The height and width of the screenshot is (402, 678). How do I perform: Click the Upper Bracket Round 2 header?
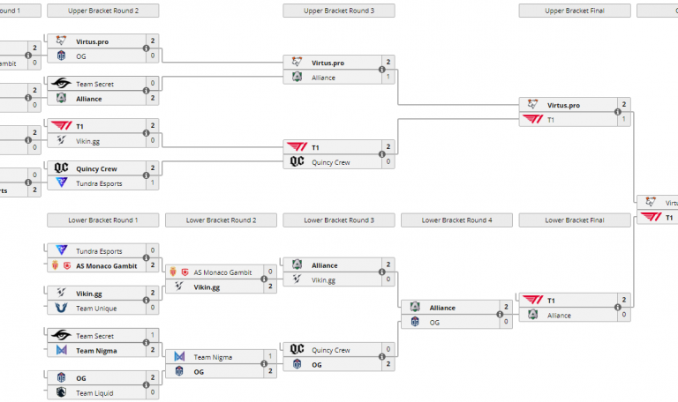[x=103, y=11]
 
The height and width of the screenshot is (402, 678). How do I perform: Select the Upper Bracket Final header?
[x=575, y=11]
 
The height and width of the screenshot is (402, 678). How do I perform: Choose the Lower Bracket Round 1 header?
[x=103, y=220]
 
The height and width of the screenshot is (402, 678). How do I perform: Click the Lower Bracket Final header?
[x=575, y=220]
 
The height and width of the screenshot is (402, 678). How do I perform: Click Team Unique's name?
[x=96, y=309]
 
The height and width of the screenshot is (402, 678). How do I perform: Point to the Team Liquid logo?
[x=61, y=393]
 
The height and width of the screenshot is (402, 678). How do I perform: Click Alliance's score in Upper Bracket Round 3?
[x=388, y=78]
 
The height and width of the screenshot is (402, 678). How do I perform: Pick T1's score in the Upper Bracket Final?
[x=624, y=120]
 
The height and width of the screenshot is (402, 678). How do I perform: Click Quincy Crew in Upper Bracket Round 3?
[x=332, y=162]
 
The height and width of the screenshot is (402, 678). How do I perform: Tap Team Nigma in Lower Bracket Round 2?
[x=214, y=357]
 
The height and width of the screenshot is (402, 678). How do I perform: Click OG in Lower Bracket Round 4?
[x=434, y=323]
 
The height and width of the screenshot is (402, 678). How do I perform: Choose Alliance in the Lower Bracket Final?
[x=559, y=315]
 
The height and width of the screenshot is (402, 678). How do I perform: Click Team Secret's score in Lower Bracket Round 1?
[x=152, y=336]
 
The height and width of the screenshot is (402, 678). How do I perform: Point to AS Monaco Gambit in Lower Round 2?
[x=222, y=272]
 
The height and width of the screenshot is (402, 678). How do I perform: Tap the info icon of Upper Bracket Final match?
[x=619, y=112]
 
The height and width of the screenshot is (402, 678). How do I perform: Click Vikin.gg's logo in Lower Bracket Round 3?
[x=298, y=280]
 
